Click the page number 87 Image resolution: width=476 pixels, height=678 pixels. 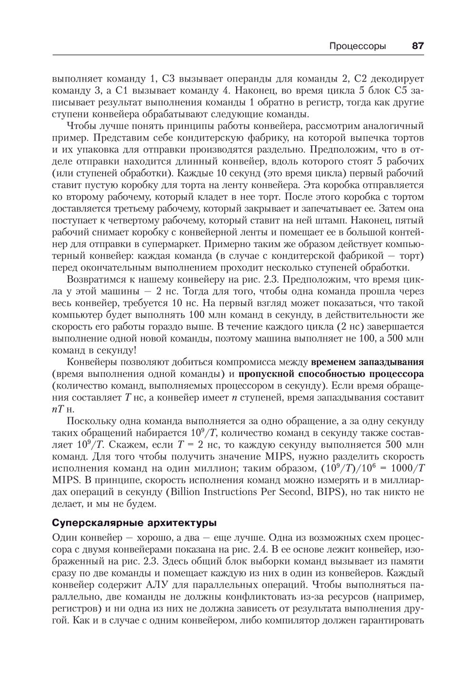tap(417, 46)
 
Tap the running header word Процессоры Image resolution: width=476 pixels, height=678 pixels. tap(357, 46)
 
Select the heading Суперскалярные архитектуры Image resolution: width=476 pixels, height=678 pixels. tap(134, 523)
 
